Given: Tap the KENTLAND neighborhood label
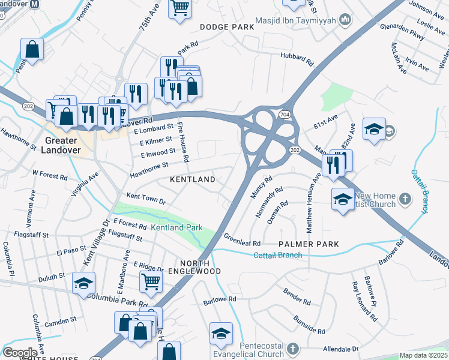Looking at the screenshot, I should pyautogui.click(x=192, y=180).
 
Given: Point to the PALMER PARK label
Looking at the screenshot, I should pyautogui.click(x=309, y=244).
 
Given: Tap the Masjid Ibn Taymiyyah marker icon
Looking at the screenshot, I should pyautogui.click(x=345, y=21).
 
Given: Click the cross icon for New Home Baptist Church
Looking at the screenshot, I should pyautogui.click(x=406, y=198).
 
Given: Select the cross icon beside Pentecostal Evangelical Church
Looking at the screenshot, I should pyautogui.click(x=292, y=348).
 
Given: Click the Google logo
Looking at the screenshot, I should pyautogui.click(x=20, y=352).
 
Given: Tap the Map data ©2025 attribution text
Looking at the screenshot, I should pyautogui.click(x=423, y=355).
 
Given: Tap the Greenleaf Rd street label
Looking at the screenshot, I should pyautogui.click(x=242, y=239).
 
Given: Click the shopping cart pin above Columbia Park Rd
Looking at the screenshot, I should pyautogui.click(x=151, y=280).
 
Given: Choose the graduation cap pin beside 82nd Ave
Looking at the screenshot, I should pyautogui.click(x=374, y=129).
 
